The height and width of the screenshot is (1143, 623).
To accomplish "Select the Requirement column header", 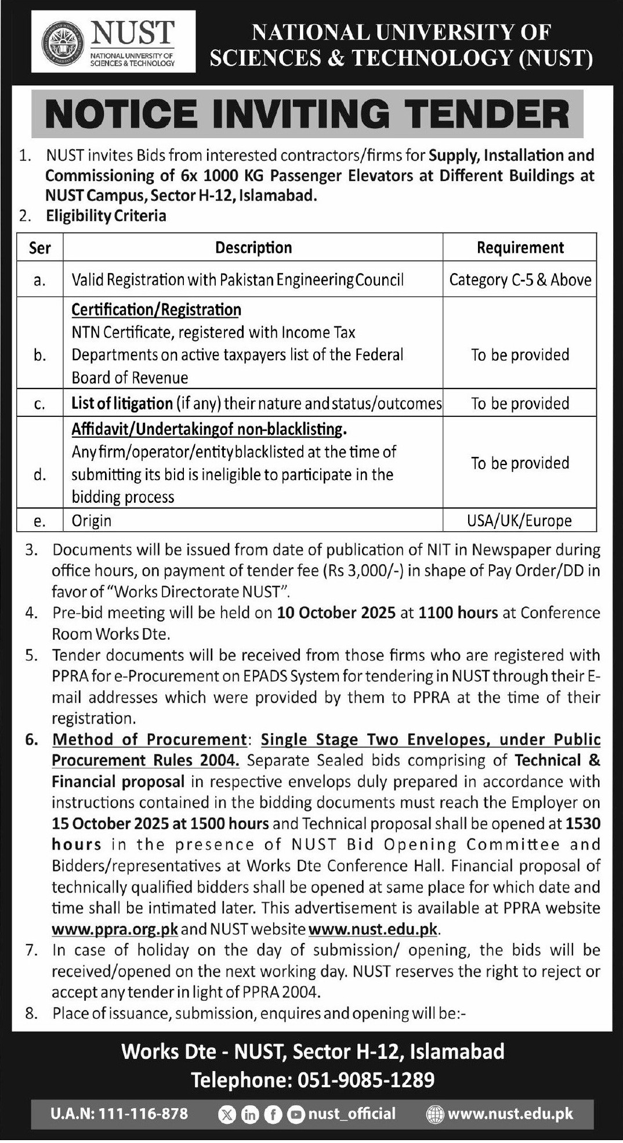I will click(x=520, y=248).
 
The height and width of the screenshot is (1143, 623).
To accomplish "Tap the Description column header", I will click(x=253, y=248).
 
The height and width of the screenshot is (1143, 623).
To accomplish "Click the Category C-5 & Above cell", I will click(x=520, y=280).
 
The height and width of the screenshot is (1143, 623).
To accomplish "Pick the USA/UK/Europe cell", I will click(x=519, y=521).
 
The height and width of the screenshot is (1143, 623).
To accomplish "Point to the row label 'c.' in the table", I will click(x=39, y=404).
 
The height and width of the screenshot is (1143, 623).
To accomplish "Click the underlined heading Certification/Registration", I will click(x=156, y=310).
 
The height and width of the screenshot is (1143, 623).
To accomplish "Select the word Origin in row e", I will click(x=91, y=521).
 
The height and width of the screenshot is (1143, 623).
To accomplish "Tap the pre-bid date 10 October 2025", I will click(x=336, y=613).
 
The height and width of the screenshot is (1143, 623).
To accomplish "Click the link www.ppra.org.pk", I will click(x=115, y=929).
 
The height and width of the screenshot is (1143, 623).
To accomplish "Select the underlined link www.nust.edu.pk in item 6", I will click(x=373, y=929).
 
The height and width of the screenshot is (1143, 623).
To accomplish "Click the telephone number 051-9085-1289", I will click(x=365, y=1080).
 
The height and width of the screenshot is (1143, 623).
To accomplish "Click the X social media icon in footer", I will click(x=227, y=1114).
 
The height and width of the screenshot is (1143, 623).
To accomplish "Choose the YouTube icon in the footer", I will click(x=296, y=1114).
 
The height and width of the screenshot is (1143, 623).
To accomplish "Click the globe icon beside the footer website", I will click(x=434, y=1114).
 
